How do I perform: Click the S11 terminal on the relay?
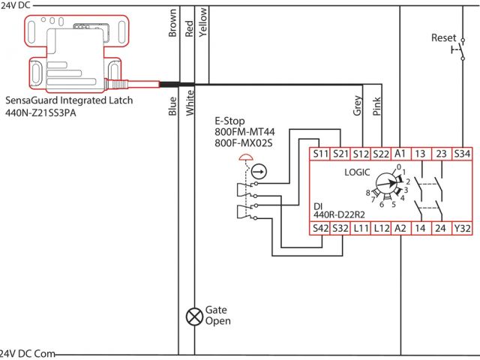click(x=319, y=154)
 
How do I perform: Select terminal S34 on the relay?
click(x=463, y=154)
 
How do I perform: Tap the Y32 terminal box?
click(x=463, y=227)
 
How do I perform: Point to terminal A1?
click(x=400, y=154)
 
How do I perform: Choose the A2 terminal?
click(x=400, y=227)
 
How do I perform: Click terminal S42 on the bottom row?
click(x=319, y=227)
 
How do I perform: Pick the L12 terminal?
click(x=380, y=227)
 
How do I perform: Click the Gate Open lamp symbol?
click(x=194, y=315)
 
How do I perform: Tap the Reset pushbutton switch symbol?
click(x=455, y=51)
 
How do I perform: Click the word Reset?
click(x=443, y=37)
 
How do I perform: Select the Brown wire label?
click(x=172, y=24)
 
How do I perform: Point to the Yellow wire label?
click(x=202, y=22)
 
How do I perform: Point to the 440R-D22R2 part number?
click(x=340, y=214)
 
